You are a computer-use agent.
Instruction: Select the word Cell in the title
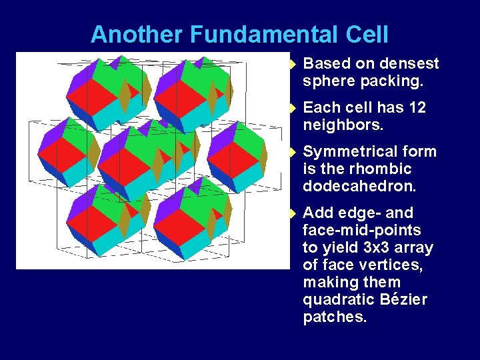[365, 34]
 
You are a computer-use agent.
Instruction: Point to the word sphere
[329, 81]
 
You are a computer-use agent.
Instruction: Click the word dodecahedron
[359, 187]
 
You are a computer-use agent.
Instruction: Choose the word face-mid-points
[362, 231]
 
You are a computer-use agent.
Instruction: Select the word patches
[335, 317]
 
